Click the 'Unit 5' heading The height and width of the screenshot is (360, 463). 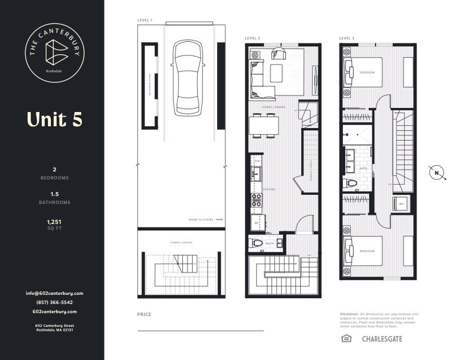[54, 119]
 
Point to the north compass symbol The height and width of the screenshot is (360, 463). [437, 173]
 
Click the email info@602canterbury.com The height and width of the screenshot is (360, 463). [54, 293]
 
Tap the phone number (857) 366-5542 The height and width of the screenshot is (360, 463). [54, 302]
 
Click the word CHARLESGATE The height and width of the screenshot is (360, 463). [382, 339]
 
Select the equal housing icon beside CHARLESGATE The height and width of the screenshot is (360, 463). [346, 339]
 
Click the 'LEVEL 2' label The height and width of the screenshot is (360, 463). [253, 38]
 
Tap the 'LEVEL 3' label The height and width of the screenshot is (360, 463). [346, 38]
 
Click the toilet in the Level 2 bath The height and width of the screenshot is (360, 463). [258, 243]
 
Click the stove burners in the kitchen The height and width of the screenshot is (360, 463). [257, 200]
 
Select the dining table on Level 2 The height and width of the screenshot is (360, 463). [264, 125]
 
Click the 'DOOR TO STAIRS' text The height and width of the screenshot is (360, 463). [202, 219]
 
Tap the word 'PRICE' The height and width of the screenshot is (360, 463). [144, 314]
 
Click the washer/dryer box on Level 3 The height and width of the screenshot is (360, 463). [401, 203]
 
